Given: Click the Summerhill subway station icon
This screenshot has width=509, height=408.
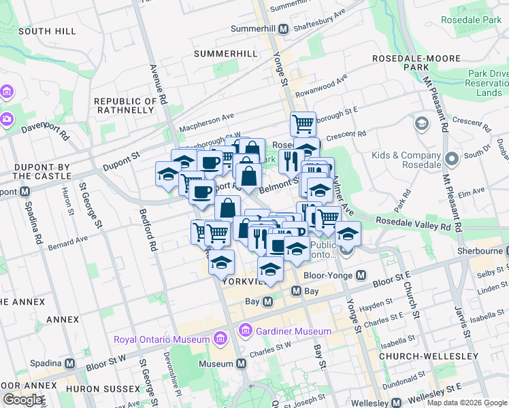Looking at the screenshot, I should click(x=282, y=29).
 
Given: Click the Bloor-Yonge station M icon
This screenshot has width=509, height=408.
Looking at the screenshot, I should click(x=361, y=275).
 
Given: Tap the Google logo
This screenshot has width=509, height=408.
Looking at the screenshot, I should click(x=22, y=400).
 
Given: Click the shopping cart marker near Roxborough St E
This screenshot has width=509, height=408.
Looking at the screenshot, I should click(x=303, y=124).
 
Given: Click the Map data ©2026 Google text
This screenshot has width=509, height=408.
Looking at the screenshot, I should click(x=466, y=403).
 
